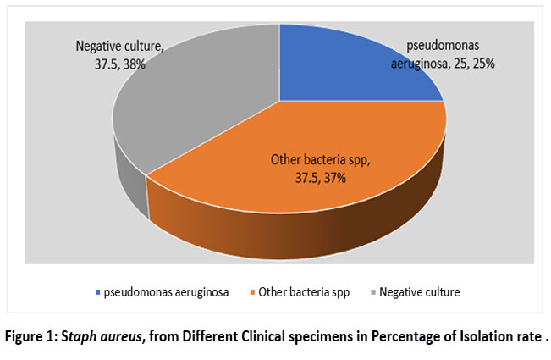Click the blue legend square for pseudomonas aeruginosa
coord(97,292)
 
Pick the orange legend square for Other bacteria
coord(252,292)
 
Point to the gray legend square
coord(373,292)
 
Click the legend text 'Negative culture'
coord(420,292)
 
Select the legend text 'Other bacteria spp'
coord(304,292)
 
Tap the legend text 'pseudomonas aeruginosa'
coord(166,292)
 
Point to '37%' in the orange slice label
coord(334,178)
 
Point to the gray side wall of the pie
coord(130,183)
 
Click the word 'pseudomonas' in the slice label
coord(443,46)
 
